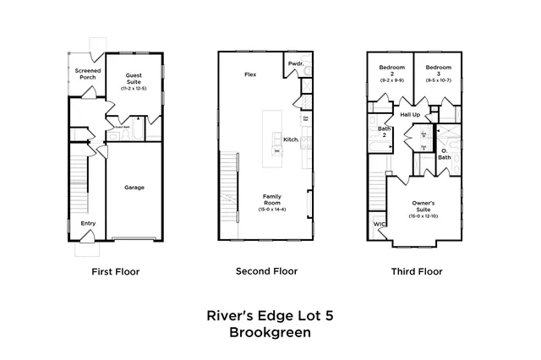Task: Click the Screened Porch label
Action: click(x=88, y=74)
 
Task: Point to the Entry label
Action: click(x=88, y=223)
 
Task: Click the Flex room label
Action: click(x=251, y=74)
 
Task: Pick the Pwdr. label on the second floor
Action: click(x=296, y=64)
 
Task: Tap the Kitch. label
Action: click(x=292, y=139)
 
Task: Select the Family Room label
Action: click(x=271, y=199)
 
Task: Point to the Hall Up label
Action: click(x=410, y=113)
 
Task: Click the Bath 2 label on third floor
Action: click(x=382, y=131)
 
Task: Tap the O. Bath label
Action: click(x=445, y=154)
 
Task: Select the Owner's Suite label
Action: click(x=424, y=205)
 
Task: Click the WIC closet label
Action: click(x=380, y=225)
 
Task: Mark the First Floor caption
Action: click(x=115, y=272)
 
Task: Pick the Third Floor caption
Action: click(x=416, y=272)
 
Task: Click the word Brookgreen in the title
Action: click(x=270, y=333)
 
